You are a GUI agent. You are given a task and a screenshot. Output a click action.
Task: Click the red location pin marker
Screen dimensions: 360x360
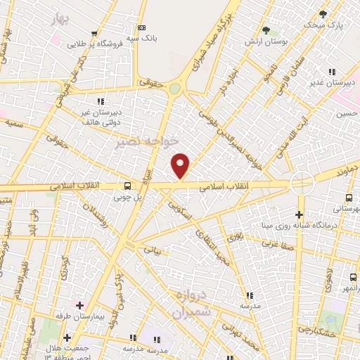[x=181, y=165]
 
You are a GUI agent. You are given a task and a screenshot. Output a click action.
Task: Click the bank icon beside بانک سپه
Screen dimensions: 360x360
[x=142, y=27]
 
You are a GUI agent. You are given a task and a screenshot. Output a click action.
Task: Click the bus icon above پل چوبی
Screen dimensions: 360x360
[x=127, y=186]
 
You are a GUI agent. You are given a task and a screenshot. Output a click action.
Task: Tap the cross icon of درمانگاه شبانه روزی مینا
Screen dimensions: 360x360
[x=300, y=214]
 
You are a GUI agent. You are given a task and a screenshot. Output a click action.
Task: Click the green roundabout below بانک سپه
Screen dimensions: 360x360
[x=174, y=89]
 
